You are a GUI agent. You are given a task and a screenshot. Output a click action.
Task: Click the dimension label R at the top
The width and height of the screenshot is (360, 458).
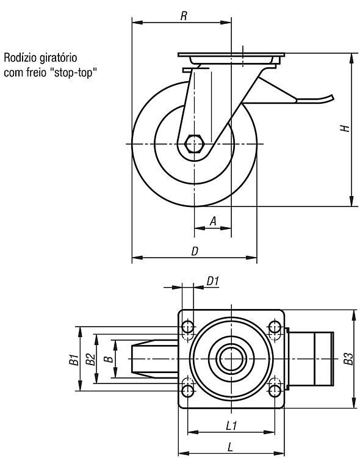(x=184, y=16)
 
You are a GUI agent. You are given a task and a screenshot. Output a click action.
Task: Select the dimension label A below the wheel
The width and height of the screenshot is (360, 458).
(x=214, y=221)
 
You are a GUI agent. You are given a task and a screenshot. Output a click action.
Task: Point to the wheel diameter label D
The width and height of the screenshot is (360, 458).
(x=195, y=251)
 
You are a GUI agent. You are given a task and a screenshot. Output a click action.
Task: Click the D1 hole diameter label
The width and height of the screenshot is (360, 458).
(x=212, y=282)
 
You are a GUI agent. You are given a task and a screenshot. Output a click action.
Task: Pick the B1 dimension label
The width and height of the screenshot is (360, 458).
(x=74, y=360)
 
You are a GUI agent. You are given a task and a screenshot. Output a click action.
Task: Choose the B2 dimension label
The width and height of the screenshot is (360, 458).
(x=90, y=359)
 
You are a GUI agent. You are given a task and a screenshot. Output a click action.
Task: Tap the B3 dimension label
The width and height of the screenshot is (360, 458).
(x=348, y=359)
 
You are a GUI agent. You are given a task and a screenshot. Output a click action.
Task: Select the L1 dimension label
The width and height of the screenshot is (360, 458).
(x=231, y=426)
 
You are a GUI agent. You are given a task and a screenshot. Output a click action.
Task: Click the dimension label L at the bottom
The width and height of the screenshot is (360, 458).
(x=231, y=447)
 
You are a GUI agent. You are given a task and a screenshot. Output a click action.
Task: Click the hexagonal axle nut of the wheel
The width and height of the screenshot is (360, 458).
(x=194, y=144)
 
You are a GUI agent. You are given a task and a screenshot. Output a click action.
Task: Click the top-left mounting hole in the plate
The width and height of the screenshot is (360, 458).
(x=188, y=327)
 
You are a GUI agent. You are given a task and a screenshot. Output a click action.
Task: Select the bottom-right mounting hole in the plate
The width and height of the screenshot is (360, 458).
(x=275, y=391)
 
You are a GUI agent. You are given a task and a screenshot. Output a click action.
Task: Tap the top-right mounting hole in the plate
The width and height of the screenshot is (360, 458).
(x=275, y=327)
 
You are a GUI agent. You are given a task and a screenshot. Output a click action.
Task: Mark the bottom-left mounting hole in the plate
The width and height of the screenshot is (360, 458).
(x=188, y=391)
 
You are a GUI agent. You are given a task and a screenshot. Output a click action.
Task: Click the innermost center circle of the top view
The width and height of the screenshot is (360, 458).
(x=231, y=358)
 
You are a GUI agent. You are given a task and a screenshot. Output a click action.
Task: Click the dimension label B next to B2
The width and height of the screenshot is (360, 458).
(x=109, y=359)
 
